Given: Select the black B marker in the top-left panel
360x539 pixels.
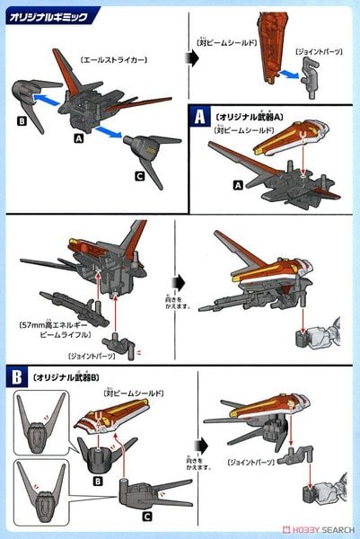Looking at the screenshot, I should coord(22,124).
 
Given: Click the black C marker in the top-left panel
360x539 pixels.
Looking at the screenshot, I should coord(139,175).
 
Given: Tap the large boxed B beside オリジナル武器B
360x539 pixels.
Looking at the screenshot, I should coord(18,374).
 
